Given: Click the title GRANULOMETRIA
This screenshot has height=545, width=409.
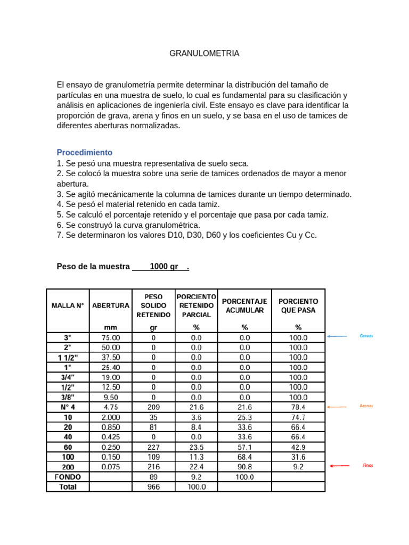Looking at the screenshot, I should (204, 53).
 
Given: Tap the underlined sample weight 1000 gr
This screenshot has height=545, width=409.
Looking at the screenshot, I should (164, 267).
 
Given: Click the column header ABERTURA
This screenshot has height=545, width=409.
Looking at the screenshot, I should (111, 305).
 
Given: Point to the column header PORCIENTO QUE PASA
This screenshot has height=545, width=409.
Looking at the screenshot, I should (298, 305).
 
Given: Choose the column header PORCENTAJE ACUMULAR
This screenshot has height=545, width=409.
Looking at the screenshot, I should (244, 305).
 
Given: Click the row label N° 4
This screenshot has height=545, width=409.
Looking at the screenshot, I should (68, 407).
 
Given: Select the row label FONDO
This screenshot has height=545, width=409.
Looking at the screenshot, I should (68, 477).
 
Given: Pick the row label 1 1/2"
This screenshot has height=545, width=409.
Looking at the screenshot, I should (68, 358).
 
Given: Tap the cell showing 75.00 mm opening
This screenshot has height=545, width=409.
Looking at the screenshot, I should (111, 338).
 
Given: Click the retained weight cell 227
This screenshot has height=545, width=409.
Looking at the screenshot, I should (153, 447).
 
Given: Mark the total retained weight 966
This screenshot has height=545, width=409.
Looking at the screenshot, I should (153, 486).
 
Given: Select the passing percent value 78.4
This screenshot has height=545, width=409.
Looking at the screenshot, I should (298, 407).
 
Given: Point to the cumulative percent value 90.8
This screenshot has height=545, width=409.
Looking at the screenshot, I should (244, 467).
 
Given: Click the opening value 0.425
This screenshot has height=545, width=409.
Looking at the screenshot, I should (111, 437).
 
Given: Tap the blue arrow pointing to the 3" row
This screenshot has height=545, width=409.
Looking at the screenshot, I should (337, 336).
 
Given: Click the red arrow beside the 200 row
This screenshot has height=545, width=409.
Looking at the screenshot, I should (339, 466).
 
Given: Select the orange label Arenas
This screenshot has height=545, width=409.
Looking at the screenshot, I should (366, 406).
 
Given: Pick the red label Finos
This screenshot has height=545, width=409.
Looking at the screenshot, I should (368, 465).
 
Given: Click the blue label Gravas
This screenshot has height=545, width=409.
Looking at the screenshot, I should (366, 336).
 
